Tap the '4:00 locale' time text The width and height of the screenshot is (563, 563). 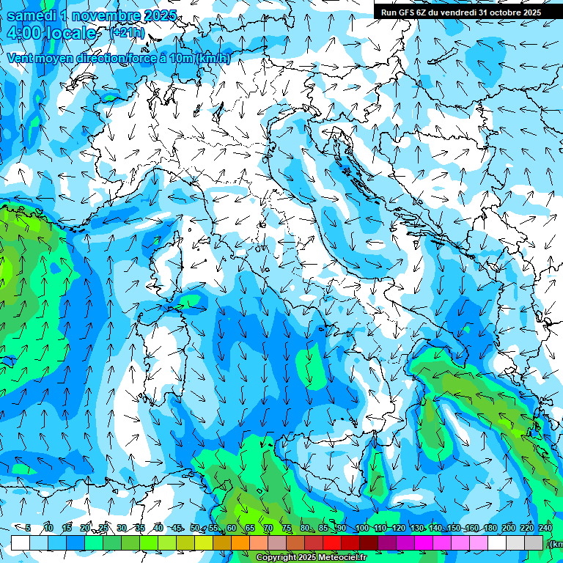(51, 34)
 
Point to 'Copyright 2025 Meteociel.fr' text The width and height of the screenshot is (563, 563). (312, 558)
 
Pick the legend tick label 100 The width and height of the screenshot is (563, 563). (361, 529)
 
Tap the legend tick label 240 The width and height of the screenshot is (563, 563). (545, 529)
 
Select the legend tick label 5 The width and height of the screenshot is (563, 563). (28, 529)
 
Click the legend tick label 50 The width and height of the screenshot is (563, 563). (194, 529)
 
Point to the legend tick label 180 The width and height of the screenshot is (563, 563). (490, 529)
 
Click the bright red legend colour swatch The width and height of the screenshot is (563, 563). (332, 542)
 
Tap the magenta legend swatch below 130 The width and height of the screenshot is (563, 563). (424, 542)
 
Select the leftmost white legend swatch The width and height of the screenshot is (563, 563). (21, 542)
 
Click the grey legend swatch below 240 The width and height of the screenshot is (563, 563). (534, 542)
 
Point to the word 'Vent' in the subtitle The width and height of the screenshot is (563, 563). (21, 59)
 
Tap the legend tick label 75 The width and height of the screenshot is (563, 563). (287, 529)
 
